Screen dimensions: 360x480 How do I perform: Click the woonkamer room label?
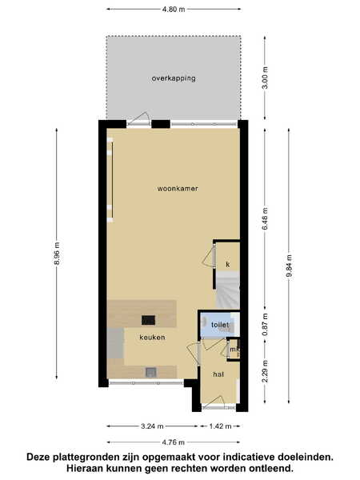point(178,189)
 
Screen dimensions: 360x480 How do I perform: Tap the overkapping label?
point(174,78)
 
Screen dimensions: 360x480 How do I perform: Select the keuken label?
point(152,338)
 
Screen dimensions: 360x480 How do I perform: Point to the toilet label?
point(220,325)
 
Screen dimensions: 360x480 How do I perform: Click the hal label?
point(218,374)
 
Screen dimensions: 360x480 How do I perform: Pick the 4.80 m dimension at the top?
point(174,9)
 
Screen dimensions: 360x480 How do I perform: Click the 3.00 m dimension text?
point(265,78)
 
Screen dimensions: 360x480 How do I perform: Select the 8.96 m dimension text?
point(57,254)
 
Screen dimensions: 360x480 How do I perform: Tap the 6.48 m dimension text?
point(265,218)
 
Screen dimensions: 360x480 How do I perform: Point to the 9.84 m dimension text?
point(290,266)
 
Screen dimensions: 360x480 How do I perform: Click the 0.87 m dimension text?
point(265,324)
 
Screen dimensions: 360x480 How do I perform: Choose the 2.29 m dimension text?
point(265,371)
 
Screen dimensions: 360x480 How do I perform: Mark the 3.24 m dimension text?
point(152,426)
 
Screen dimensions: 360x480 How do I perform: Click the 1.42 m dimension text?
point(220,426)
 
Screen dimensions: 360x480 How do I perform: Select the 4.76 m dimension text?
point(174,442)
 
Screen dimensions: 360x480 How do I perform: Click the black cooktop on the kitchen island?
point(148,320)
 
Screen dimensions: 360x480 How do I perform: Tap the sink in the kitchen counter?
point(151,372)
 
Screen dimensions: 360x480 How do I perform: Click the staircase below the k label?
point(228,290)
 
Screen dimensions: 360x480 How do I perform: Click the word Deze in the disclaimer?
point(38,457)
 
